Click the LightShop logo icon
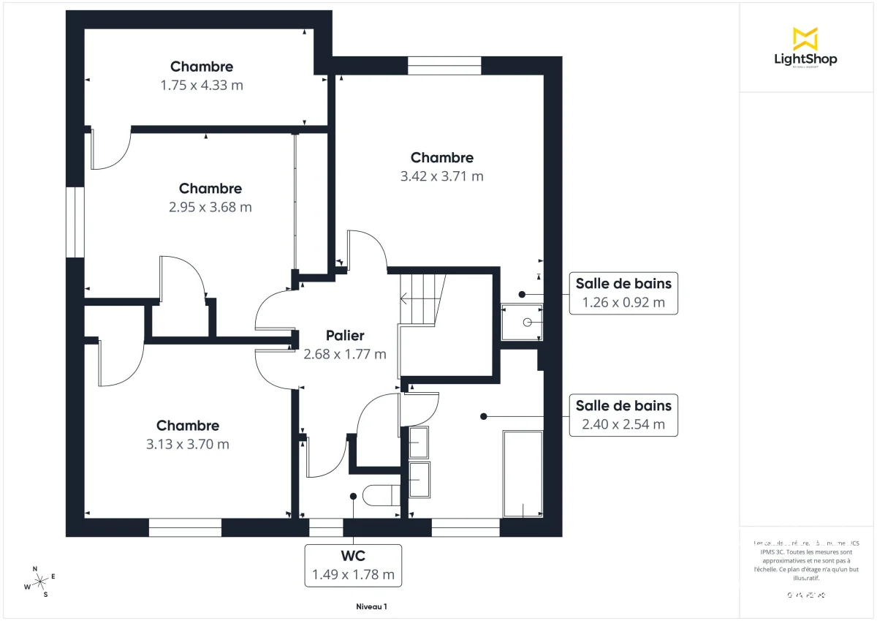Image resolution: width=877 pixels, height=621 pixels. tap(805, 38)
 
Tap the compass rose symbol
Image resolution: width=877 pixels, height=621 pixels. tap(39, 579)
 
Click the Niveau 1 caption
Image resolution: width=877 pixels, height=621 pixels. tap(371, 606)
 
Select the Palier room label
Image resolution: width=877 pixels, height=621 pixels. tap(344, 336)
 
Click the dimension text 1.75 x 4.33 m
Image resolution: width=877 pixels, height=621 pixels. tap(202, 85)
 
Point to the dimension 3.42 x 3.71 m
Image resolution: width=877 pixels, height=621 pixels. tap(441, 176)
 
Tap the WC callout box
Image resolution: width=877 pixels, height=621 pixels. tap(353, 565)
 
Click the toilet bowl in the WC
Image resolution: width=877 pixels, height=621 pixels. tap(380, 495)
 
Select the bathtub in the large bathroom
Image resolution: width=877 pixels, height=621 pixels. tap(523, 474)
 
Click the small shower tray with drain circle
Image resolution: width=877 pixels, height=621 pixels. tap(522, 322)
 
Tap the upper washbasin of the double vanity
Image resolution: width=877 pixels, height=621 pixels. tap(419, 442)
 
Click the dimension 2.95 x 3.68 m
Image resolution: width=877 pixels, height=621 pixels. tap(210, 207)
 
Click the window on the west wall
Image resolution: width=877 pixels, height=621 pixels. tap(75, 222)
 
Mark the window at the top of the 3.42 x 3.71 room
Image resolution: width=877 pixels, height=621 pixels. tap(444, 66)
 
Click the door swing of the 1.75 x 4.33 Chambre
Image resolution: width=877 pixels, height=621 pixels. tap(110, 150)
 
